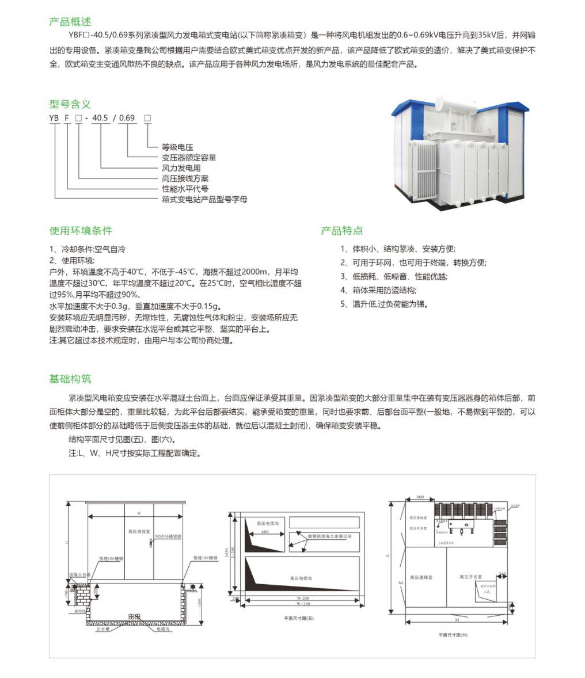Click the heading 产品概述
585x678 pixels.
point(70,22)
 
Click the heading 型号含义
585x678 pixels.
point(70,104)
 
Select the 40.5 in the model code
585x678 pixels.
point(100,118)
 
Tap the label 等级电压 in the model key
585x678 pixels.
point(177,147)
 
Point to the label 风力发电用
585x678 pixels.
point(181,168)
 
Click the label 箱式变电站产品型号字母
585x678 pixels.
point(204,199)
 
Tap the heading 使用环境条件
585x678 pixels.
point(81,231)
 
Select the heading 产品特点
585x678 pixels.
point(342,231)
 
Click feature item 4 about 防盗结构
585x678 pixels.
point(378,290)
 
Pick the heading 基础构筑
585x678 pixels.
point(70,379)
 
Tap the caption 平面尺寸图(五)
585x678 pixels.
point(299,618)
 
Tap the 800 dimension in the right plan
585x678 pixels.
point(420,496)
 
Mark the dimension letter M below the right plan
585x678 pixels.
point(456,620)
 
